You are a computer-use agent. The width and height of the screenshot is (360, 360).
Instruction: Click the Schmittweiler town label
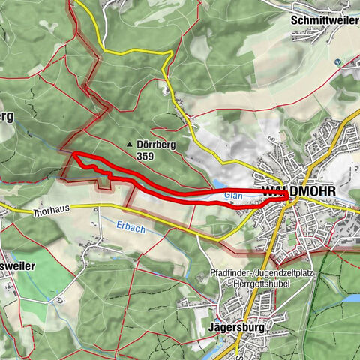tap(324, 20)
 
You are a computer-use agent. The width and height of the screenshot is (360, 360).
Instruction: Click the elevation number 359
tap(147, 157)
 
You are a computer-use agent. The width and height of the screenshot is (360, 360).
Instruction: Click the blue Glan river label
tap(232, 193)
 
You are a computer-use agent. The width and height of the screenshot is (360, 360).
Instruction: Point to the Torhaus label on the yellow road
tap(56, 213)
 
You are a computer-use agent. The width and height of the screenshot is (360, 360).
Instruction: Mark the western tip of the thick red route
tap(73, 154)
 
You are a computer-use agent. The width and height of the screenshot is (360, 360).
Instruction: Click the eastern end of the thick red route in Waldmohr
tap(287, 196)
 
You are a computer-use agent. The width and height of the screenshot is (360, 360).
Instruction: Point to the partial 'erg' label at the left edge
tap(7, 117)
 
